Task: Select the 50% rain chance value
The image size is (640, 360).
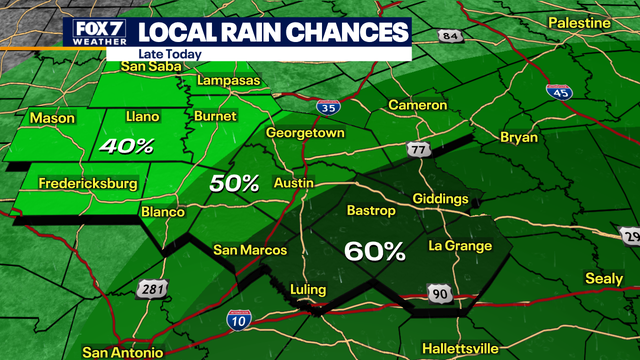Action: pos(234,183)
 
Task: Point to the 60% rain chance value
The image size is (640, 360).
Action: pos(374,251)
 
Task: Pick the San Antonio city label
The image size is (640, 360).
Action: pos(121,352)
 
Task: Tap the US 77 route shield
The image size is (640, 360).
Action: pos(418,150)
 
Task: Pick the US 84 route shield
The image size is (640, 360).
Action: pos(451,37)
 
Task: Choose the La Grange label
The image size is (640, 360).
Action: pos(460,246)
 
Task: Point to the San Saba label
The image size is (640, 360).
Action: pos(147,67)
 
